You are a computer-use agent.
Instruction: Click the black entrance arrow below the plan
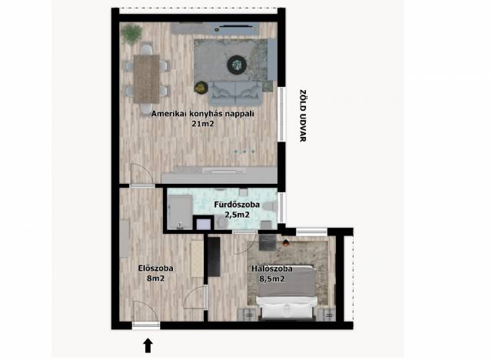(148, 345)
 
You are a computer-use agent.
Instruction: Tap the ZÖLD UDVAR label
(302, 116)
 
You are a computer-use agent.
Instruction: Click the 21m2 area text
(203, 124)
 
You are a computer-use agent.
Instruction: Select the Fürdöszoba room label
(237, 205)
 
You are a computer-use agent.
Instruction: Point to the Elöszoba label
(155, 268)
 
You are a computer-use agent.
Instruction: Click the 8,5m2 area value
(272, 278)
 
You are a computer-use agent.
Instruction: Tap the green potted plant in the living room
(131, 34)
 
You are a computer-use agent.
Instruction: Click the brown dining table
(147, 79)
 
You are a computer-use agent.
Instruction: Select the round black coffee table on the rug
(237, 65)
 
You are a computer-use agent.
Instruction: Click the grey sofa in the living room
(235, 94)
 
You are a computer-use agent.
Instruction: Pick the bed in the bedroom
(286, 292)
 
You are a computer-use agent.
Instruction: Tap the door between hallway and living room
(142, 175)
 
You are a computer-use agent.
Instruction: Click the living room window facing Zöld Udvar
(282, 115)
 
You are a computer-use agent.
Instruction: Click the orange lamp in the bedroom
(286, 242)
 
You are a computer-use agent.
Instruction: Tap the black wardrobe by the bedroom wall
(214, 257)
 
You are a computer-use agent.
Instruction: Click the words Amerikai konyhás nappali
(203, 114)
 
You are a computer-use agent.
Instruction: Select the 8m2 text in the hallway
(155, 278)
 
